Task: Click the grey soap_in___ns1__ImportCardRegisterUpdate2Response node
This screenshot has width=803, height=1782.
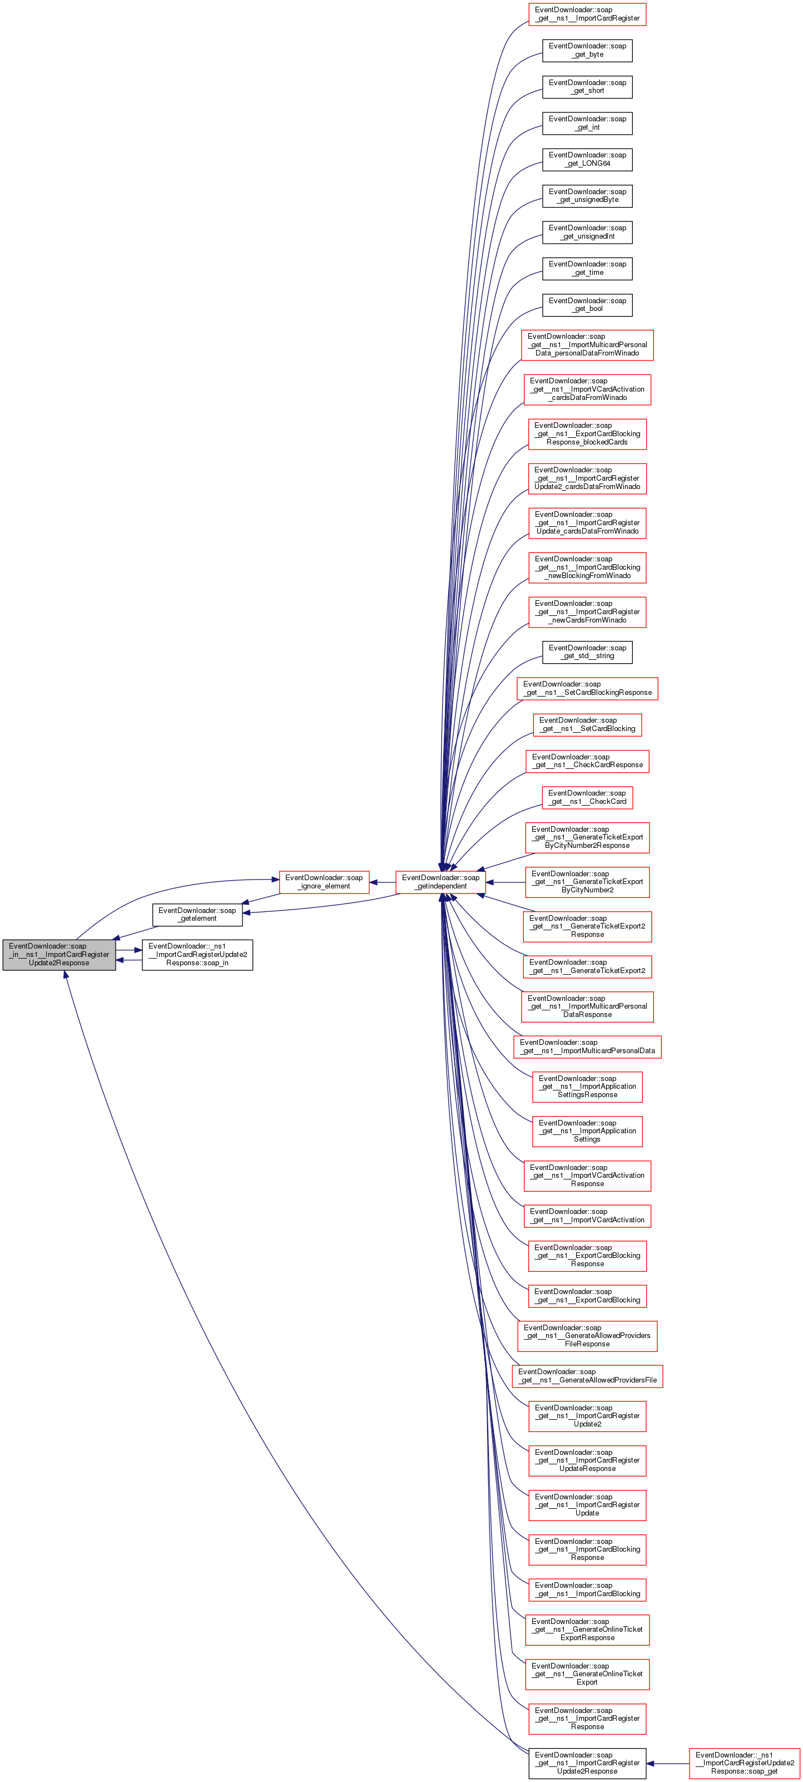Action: (x=59, y=955)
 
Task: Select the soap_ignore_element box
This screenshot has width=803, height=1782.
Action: (x=324, y=882)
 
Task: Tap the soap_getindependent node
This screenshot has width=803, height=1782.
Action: (x=440, y=882)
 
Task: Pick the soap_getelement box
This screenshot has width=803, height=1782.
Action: (x=197, y=915)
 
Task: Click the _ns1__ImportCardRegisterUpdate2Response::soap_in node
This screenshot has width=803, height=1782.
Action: (x=197, y=955)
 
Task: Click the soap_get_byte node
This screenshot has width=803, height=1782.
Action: (x=587, y=51)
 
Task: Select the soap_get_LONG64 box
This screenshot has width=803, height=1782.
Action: (x=587, y=159)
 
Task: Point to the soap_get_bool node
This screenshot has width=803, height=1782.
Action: (x=587, y=304)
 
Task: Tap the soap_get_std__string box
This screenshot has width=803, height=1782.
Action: (x=587, y=653)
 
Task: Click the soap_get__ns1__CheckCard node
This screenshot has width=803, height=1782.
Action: (x=587, y=798)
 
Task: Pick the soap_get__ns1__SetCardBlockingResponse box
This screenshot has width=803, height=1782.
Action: (x=587, y=688)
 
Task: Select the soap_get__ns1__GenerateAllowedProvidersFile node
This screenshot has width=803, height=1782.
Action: (x=587, y=1375)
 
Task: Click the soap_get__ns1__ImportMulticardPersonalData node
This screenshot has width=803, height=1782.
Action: (x=587, y=1046)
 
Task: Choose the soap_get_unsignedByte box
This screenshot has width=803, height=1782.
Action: (x=587, y=196)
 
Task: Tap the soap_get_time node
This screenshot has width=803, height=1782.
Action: (x=587, y=268)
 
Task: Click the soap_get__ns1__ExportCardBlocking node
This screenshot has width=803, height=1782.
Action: (x=587, y=1296)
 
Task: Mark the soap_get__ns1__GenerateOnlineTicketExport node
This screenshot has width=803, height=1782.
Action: (x=587, y=1674)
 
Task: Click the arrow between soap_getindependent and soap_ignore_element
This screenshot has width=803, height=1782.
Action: (x=383, y=882)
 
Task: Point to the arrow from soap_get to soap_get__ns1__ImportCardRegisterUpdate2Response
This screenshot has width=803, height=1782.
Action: (x=667, y=1763)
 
